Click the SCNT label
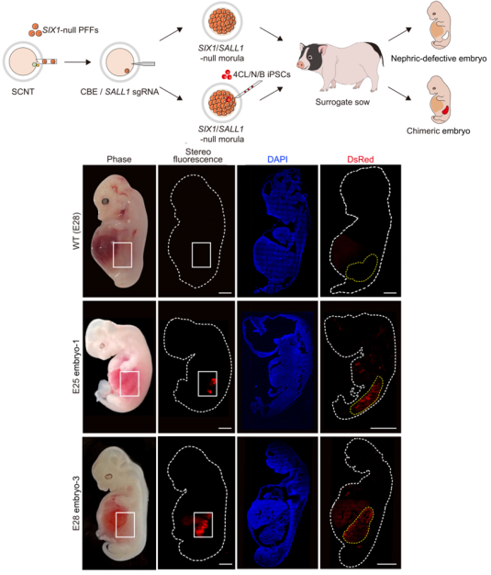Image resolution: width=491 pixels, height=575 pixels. point(23,92)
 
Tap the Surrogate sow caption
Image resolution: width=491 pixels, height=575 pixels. point(342,102)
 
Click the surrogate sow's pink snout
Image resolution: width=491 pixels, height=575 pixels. point(300,64)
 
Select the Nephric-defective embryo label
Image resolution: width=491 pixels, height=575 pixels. point(439,59)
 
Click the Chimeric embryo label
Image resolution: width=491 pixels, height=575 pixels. point(439,131)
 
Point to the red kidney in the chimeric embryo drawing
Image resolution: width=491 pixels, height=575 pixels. point(445,109)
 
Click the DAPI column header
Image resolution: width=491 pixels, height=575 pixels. point(277,159)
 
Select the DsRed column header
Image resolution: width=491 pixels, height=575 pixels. point(361,159)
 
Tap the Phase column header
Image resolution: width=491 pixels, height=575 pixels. point(119,159)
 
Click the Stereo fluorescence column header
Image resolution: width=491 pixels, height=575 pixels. point(198,155)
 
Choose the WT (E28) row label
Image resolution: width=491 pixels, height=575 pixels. point(76,231)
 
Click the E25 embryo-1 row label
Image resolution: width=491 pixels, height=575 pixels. point(76,366)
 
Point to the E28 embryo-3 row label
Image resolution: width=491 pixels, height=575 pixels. point(76,502)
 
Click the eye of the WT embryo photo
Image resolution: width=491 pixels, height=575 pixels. point(106,201)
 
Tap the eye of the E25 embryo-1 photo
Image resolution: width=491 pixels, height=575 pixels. point(101,345)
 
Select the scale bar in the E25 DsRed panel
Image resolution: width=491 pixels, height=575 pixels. point(384,428)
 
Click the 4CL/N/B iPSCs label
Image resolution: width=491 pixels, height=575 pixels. point(262,74)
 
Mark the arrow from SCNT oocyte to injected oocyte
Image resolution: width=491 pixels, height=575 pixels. point(77,62)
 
